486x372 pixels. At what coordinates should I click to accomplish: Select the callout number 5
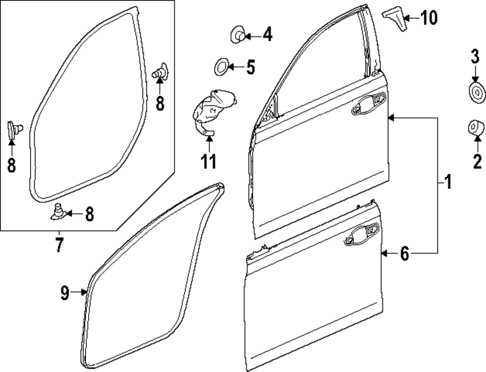tap(250, 67)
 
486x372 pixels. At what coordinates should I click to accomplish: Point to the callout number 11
tap(208, 161)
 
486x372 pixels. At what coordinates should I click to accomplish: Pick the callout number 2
tap(477, 160)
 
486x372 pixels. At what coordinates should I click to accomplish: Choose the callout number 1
tap(447, 183)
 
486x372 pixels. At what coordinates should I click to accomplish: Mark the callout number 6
tap(404, 254)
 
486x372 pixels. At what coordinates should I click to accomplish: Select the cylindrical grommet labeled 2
tap(475, 129)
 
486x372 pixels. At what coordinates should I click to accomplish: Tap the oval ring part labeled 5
tap(221, 66)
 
